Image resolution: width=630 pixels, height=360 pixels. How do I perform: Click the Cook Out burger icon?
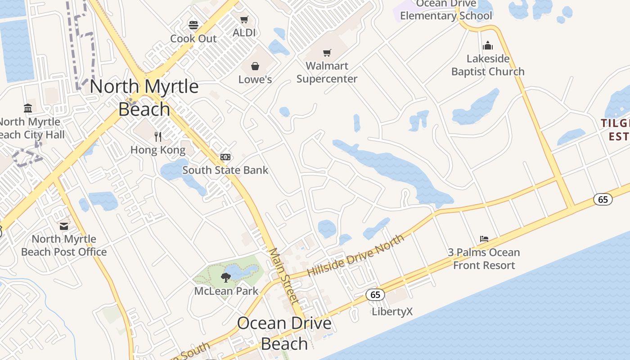coord(193,25)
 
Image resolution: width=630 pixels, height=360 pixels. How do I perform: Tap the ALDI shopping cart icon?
coord(244,20)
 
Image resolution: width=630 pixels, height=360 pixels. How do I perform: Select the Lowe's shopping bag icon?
coord(255,67)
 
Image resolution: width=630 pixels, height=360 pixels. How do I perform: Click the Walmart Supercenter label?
coord(327,72)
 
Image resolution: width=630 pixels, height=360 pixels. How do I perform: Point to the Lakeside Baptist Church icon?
coord(488,45)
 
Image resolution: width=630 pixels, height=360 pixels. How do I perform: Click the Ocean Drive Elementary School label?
coord(446,10)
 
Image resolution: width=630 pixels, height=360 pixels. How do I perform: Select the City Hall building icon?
coord(28,108)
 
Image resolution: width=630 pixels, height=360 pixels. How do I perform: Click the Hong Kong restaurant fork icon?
coord(158,136)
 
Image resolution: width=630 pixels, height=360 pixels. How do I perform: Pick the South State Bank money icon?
coord(225,157)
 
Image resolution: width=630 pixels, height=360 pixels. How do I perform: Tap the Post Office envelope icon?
coord(64,226)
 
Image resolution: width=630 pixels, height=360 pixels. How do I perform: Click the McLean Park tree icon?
coord(226,278)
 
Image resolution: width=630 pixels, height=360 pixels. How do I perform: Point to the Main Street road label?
coord(284,275)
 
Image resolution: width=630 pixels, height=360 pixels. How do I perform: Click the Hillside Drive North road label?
coord(355,255)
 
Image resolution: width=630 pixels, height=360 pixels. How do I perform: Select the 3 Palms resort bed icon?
coord(484,239)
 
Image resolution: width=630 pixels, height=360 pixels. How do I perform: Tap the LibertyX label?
coord(392,311)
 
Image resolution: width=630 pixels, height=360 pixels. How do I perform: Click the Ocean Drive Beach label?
coord(284,333)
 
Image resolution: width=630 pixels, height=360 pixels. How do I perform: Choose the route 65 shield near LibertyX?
coord(375,295)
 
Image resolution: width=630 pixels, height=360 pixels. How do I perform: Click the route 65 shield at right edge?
coord(603,198)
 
